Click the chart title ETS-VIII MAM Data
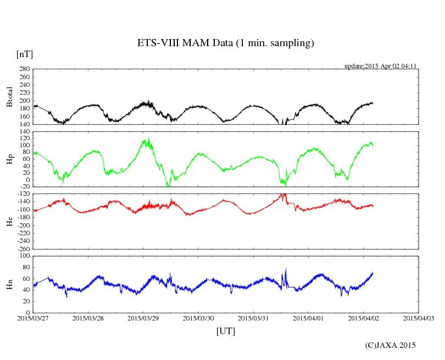click(225, 43)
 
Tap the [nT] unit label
click(25, 54)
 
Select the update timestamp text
click(380, 66)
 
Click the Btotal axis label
click(9, 96)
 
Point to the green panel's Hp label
click(9, 159)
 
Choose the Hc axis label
click(9, 221)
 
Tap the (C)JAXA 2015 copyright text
click(390, 345)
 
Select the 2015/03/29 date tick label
click(143, 318)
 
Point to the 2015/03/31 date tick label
click(253, 318)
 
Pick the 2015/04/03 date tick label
click(418, 318)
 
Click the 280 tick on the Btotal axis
click(24, 69)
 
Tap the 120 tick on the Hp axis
click(24, 132)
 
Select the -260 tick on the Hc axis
click(23, 248)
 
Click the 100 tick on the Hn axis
click(24, 256)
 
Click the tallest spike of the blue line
click(286, 269)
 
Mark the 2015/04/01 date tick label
click(308, 318)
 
